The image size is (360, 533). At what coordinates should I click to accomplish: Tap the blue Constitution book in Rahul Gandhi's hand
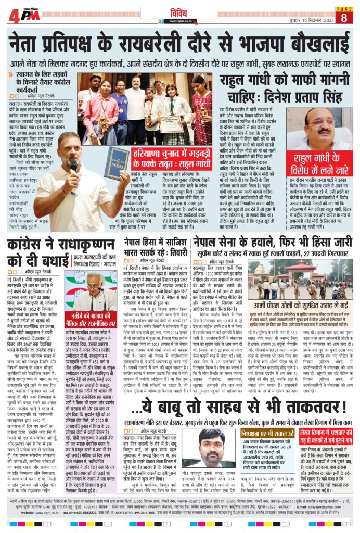(x=117, y=170)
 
